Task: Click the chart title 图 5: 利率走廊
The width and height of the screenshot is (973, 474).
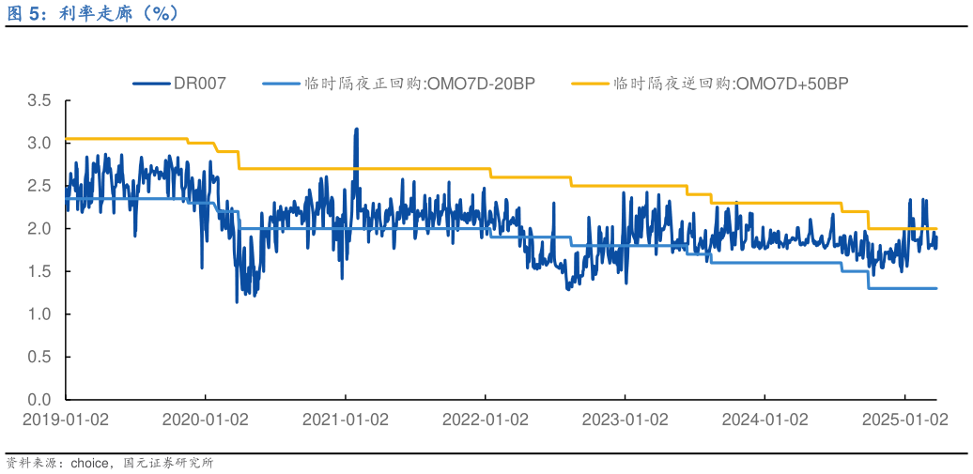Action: coord(93,13)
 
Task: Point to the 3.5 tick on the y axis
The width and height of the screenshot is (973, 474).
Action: coord(39,100)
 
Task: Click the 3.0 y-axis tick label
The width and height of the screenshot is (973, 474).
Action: coord(39,144)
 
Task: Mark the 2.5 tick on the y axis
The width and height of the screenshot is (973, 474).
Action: coord(39,186)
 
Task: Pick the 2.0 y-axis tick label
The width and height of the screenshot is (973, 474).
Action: coord(39,229)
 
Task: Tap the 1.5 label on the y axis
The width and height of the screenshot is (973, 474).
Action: coord(39,271)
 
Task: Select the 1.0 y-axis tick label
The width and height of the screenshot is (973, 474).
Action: coord(39,314)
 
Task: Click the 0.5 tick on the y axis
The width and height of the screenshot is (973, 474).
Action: coord(39,357)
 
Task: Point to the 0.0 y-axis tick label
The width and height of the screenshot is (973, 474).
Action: coord(39,400)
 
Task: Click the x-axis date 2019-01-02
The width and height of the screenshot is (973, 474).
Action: coord(65,420)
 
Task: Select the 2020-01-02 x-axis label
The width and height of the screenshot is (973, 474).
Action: coord(205,420)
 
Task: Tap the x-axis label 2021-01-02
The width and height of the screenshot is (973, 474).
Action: coord(345,420)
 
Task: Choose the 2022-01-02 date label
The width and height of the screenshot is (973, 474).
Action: coord(485,420)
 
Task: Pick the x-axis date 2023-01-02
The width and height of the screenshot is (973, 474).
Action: coord(625,420)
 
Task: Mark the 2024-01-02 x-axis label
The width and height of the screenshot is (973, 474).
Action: coord(764,420)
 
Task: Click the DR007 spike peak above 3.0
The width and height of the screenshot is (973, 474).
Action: coord(356,130)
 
